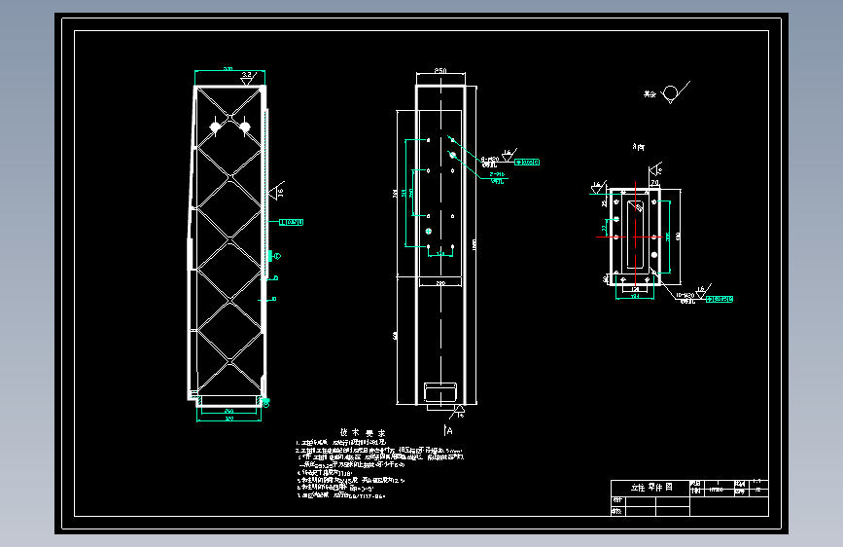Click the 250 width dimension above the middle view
(x=440, y=72)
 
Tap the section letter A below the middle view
(x=449, y=428)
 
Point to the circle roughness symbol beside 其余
(x=669, y=94)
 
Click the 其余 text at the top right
(x=649, y=94)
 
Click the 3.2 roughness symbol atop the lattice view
(x=248, y=74)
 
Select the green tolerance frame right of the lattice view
(x=293, y=222)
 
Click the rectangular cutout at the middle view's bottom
(x=440, y=391)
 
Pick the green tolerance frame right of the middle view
(x=526, y=162)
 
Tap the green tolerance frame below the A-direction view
(x=720, y=299)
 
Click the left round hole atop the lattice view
(x=217, y=126)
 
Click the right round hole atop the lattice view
(x=245, y=126)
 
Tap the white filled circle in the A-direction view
(x=653, y=255)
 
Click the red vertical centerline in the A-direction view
(x=637, y=234)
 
